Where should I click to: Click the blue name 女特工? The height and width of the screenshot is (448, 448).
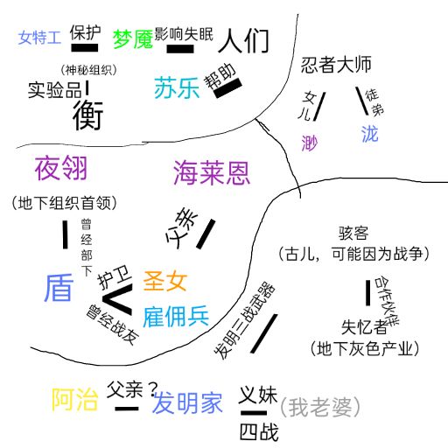point(39,38)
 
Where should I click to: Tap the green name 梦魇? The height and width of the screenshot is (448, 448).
point(133,39)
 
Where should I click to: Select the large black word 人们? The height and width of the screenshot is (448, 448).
point(243,40)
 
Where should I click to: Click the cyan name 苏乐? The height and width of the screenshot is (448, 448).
point(177,87)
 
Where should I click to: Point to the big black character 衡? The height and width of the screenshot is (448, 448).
point(87,115)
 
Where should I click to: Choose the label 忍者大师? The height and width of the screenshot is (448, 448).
point(336,65)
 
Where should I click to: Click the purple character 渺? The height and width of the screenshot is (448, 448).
point(310,143)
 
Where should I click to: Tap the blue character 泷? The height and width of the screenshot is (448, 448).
point(370,134)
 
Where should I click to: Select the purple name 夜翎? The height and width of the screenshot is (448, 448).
point(61,168)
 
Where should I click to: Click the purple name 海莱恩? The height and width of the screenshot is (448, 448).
point(212,172)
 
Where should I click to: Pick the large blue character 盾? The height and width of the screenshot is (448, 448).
point(59,288)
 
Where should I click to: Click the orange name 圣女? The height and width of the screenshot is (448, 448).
point(165,281)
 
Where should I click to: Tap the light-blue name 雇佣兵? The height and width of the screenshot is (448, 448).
point(176,317)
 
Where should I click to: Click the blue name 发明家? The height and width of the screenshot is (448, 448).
point(187,402)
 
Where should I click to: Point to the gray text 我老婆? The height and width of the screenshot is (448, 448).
point(320,407)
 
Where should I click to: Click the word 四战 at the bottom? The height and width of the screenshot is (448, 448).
point(259,432)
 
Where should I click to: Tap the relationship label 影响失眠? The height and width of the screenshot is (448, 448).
point(184,34)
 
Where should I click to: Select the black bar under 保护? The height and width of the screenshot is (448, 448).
point(85,48)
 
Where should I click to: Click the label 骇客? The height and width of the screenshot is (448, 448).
point(353,233)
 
